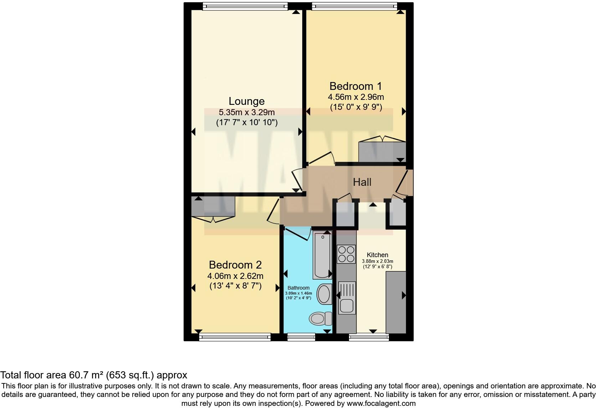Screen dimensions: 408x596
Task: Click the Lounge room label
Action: [246, 101]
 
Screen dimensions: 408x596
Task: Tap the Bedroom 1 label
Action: [355, 86]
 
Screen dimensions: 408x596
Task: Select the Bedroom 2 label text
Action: [235, 265]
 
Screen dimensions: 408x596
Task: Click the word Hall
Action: [362, 182]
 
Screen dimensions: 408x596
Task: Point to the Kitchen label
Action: [377, 255]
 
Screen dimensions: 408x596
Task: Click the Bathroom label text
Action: [298, 288]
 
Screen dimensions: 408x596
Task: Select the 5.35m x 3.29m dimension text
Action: [246, 112]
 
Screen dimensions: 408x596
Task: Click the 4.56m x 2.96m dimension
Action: [355, 97]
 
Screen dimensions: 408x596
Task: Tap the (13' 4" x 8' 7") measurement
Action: [235, 286]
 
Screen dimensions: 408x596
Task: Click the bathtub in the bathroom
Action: [322, 255]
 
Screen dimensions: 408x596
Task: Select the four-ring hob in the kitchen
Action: [346, 254]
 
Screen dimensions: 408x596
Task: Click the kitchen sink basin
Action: [346, 306]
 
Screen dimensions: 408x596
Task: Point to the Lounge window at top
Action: [245, 6]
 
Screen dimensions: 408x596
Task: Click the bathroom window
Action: [301, 337]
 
